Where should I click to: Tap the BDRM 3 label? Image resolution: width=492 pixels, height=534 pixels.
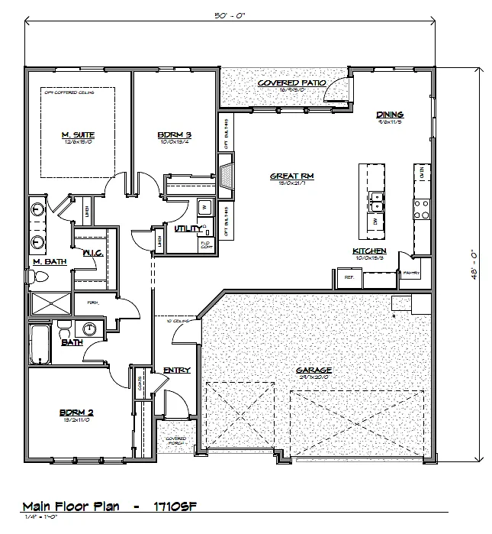point(175,134)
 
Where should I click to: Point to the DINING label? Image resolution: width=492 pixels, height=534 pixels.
point(389,115)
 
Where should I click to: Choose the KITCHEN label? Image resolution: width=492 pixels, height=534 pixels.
point(368,251)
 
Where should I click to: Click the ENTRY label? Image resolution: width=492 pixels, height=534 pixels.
point(176,371)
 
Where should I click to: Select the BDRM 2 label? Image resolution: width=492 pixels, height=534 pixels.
point(77,413)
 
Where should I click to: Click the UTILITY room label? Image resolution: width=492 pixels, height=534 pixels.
point(188,228)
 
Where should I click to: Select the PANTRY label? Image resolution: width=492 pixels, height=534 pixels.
point(412,272)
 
